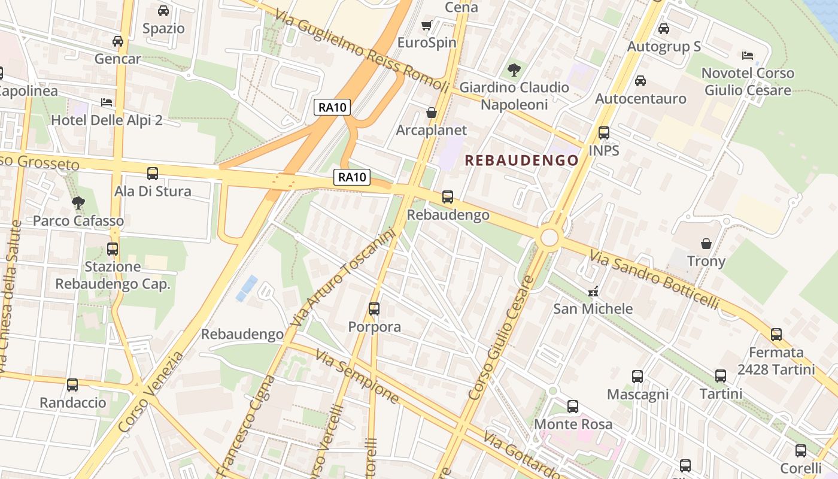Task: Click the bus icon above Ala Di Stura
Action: coord(153,174)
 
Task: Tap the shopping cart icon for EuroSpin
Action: coord(427,25)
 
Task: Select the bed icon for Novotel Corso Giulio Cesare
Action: coord(748,56)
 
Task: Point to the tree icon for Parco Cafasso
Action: coord(78,203)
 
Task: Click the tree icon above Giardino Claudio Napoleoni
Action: coord(514,70)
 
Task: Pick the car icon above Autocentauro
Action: coord(640,80)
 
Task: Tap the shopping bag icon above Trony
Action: coord(706,244)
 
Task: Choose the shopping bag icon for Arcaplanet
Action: coord(431,113)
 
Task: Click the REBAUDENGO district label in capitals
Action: coord(522,160)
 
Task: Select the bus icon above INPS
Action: coord(604,133)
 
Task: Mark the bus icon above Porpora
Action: coord(374,309)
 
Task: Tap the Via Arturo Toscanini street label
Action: coord(344,278)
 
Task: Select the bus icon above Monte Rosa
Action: coord(573,407)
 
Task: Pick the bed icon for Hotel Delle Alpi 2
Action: coord(107,102)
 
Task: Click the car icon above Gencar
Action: coord(118,41)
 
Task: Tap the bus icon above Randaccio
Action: coord(72,385)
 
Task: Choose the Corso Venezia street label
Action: coord(151,392)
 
